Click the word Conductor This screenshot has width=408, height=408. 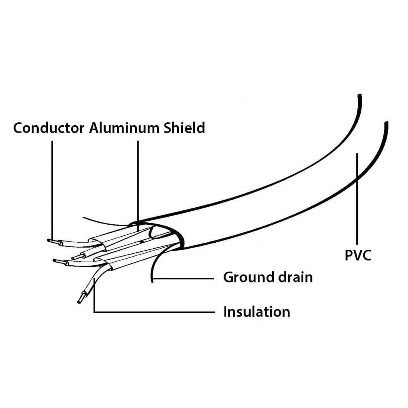49,128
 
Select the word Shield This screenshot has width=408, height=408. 184,128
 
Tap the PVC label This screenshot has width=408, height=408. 358,255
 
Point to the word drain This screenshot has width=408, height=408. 296,277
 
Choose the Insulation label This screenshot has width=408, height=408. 257,312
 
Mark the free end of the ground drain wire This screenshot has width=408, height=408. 152,281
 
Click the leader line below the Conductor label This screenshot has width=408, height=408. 52,190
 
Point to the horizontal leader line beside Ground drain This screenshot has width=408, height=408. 183,279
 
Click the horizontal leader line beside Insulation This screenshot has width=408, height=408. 154,312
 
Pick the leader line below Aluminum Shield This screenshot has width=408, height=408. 137,186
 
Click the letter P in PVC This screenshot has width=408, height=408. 349,255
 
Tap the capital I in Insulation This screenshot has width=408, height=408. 225,312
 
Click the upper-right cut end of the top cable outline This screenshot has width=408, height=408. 360,95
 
